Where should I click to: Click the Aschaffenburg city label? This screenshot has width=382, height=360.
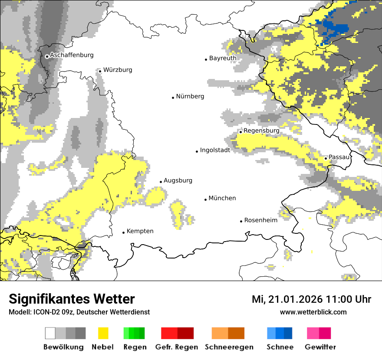click(72, 55)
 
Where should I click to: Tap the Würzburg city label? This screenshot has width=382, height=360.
click(118, 70)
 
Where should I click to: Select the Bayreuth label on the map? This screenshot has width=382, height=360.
click(223, 58)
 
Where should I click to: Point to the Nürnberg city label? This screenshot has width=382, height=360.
click(190, 96)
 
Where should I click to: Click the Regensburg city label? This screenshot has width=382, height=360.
click(261, 131)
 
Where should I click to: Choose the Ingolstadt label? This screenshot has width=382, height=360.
click(215, 151)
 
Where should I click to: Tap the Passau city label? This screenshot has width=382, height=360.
click(339, 157)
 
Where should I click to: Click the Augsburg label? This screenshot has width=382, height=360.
click(178, 180)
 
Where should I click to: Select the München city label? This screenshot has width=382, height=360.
click(222, 198)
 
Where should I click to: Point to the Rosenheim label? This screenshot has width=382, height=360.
click(261, 220)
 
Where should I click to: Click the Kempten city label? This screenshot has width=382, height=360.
click(140, 231)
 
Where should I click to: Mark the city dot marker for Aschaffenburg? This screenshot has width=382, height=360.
click(47, 56)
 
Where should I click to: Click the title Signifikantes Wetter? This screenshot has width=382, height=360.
click(72, 299)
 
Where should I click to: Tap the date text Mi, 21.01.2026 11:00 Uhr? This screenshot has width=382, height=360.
click(311, 299)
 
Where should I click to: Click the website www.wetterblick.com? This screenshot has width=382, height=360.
click(313, 312)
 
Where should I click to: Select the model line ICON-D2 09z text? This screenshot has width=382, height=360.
click(79, 312)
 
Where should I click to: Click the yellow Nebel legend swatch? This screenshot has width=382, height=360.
click(103, 333)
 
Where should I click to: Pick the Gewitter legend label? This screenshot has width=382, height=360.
click(320, 347)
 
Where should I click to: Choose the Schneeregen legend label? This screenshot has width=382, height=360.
click(229, 347)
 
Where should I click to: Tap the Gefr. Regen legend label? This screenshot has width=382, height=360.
click(177, 347)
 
